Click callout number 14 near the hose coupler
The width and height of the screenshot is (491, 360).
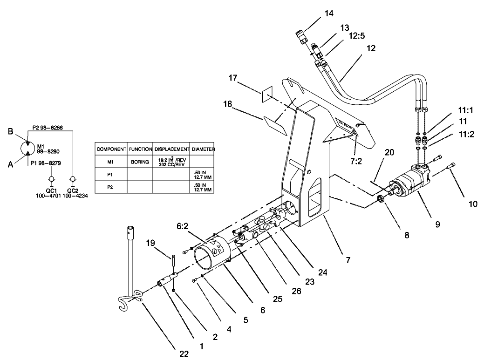(x=329, y=14)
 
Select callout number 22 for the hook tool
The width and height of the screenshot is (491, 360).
(x=184, y=354)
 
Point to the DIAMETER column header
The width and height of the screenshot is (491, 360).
(x=203, y=149)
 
